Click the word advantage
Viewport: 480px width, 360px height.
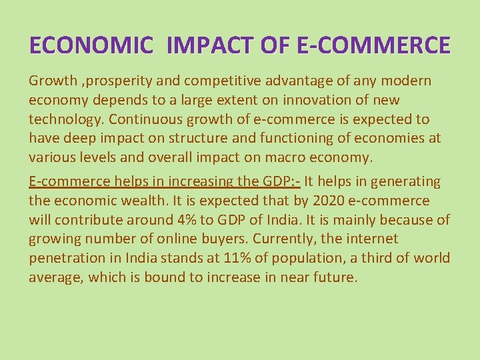(x=317, y=81)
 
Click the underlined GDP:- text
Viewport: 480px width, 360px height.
(x=280, y=182)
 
